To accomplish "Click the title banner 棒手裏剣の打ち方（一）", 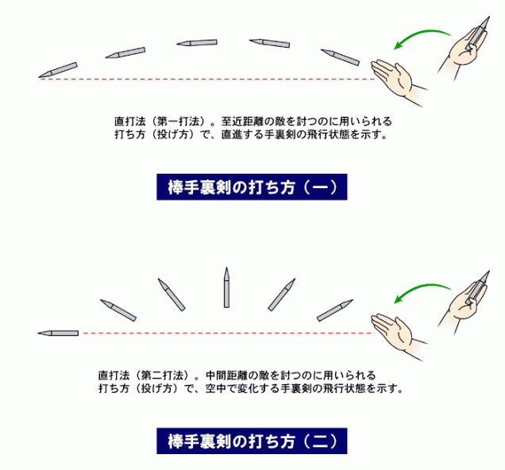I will (252, 187).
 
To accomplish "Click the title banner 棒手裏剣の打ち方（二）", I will (252, 439).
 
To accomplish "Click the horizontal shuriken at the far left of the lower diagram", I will (58, 333).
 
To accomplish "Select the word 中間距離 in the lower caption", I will (227, 374).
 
